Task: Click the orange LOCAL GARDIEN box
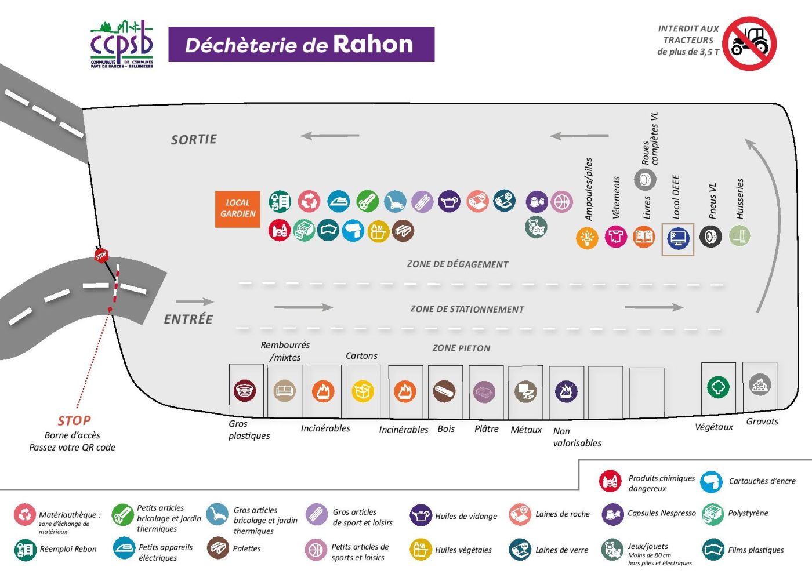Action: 237,209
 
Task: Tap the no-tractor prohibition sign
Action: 749,43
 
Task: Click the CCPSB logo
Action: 122,45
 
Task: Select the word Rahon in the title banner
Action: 372,45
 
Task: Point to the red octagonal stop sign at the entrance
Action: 101,255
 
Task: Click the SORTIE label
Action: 194,140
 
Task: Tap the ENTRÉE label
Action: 188,319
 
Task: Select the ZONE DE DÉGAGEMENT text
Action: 457,264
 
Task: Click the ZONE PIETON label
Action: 461,348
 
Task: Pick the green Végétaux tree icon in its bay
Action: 718,387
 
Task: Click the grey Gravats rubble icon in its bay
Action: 759,384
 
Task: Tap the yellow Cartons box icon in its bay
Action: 362,391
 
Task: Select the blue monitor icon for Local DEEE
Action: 677,238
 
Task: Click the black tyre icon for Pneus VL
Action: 710,237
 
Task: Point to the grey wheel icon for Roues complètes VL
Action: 644,180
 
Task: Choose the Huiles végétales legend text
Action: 463,550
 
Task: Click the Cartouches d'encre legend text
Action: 762,481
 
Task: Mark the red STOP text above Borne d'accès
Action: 74,421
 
